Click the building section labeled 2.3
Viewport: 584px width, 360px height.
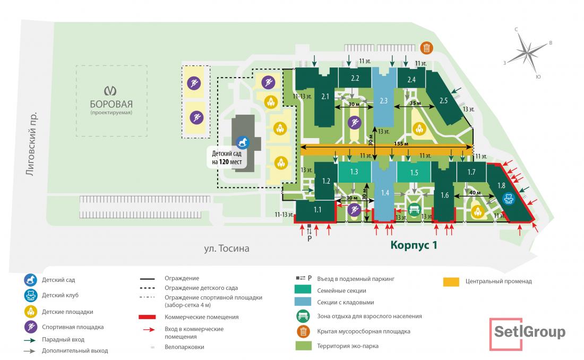[x=384, y=98]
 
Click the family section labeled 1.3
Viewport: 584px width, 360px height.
[x=354, y=172]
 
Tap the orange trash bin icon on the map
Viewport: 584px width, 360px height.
[x=426, y=48]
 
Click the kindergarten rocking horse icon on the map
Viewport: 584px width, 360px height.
[x=243, y=142]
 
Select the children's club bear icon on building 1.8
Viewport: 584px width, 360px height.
[x=509, y=199]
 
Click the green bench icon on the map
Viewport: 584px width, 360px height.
[x=414, y=209]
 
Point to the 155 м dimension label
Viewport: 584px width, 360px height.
[x=401, y=144]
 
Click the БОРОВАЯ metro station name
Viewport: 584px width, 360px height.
[x=111, y=104]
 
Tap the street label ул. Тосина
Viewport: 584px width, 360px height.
[x=227, y=248]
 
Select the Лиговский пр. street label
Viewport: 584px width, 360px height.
[x=32, y=143]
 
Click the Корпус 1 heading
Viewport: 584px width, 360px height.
[x=414, y=245]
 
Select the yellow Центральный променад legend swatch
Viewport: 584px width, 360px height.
[x=451, y=282]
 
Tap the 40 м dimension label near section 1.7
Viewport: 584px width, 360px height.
[x=475, y=193]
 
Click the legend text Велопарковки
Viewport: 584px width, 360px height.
[x=184, y=347]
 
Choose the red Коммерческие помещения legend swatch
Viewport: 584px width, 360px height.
[x=147, y=317]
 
